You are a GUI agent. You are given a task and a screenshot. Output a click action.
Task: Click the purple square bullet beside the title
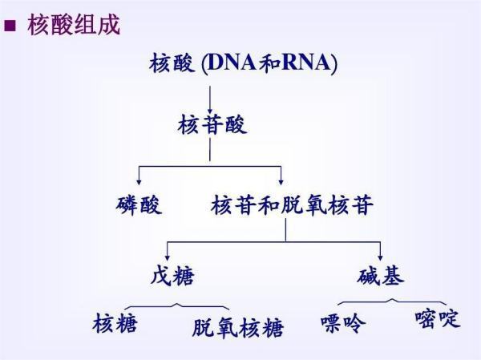(x=10, y=26)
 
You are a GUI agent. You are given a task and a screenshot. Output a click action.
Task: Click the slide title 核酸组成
(x=74, y=25)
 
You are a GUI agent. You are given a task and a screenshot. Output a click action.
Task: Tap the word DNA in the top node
(x=232, y=63)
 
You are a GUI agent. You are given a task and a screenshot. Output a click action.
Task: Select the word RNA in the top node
(x=306, y=63)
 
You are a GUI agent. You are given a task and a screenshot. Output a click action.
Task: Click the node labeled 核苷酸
(x=212, y=124)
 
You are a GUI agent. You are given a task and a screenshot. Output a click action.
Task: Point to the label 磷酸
(x=139, y=205)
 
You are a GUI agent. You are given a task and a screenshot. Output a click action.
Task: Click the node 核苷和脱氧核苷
(x=292, y=204)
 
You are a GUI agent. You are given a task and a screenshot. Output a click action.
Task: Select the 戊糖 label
(x=172, y=275)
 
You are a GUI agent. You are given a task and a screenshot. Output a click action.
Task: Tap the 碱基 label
(x=380, y=275)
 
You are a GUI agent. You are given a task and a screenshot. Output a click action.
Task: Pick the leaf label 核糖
(x=115, y=323)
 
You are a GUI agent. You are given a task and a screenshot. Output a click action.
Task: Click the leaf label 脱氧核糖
(x=238, y=328)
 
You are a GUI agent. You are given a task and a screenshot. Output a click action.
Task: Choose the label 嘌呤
(x=344, y=322)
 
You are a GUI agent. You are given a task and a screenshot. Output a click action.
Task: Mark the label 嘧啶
(x=438, y=318)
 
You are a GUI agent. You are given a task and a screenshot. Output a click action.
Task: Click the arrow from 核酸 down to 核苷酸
(x=210, y=99)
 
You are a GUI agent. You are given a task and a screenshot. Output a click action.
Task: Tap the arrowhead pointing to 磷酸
(x=139, y=182)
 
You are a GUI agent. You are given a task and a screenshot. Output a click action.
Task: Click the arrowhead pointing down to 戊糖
(x=168, y=257)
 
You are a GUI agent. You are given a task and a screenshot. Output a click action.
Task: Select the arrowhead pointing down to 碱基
(x=380, y=257)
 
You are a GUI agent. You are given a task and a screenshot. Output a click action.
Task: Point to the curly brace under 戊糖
(x=177, y=306)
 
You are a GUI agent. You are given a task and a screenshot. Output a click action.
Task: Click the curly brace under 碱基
(x=392, y=301)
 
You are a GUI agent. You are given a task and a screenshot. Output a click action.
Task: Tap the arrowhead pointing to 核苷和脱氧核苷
(x=281, y=182)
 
